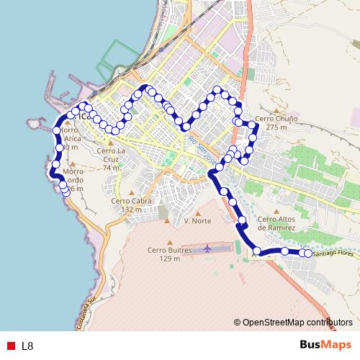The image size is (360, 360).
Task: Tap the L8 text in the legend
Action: [27, 346]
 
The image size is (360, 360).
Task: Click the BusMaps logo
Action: [325, 345]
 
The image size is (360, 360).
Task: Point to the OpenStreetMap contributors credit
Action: [297, 322]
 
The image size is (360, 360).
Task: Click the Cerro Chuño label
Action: [271, 118]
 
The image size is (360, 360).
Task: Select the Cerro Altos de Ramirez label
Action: [276, 223]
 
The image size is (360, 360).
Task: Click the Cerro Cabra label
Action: [131, 201]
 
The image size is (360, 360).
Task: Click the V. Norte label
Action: [197, 220]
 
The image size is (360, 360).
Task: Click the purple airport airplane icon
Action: [209, 248]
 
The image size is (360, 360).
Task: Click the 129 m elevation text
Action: [170, 258]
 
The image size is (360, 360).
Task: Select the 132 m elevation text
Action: [131, 210]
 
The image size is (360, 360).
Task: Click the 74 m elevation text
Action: [111, 168]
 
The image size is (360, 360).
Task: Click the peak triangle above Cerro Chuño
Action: [271, 109]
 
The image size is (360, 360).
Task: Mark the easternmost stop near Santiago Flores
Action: [308, 253]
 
